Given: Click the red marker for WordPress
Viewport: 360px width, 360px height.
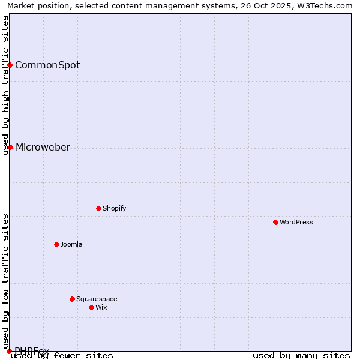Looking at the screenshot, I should (x=275, y=222).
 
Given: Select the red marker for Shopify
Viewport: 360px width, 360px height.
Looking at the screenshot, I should (x=98, y=208).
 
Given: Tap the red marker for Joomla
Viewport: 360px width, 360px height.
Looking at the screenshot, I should (x=56, y=244).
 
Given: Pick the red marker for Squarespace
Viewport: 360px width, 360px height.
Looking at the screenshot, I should (x=72, y=299).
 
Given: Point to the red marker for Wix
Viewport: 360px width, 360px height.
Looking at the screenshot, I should (x=91, y=307).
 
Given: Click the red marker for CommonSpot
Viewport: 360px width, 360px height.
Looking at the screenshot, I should (x=10, y=65).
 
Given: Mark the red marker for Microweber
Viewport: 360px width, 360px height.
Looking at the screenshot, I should (x=10, y=147).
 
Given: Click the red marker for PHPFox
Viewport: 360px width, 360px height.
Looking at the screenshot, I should (x=9, y=351).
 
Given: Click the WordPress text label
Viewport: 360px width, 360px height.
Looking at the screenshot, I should (x=296, y=222).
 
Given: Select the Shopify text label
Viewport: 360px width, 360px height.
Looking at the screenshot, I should (x=115, y=208).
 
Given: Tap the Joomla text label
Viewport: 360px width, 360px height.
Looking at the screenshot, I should (x=71, y=244).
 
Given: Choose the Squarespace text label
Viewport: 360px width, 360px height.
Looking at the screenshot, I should (x=97, y=299).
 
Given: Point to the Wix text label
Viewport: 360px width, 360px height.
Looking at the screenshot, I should (x=101, y=307).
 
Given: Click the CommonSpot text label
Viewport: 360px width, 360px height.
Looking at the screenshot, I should (x=47, y=65).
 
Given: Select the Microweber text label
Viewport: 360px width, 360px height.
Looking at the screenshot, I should (x=43, y=147).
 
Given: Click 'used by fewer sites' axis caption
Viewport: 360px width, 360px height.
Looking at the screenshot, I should (x=62, y=355).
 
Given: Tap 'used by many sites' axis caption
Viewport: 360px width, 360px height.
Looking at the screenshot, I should (x=301, y=355).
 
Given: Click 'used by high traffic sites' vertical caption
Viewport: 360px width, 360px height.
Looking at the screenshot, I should (x=5, y=85).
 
